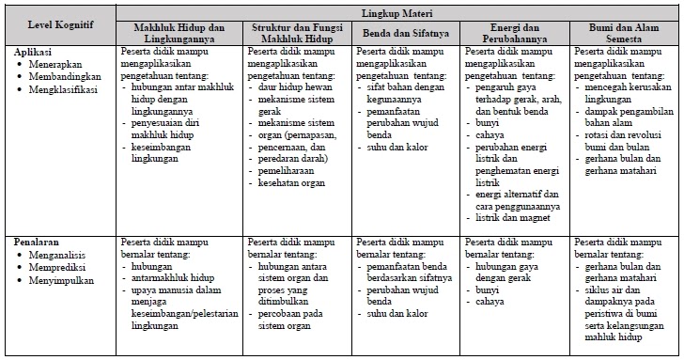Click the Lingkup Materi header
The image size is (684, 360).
tap(397, 12)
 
